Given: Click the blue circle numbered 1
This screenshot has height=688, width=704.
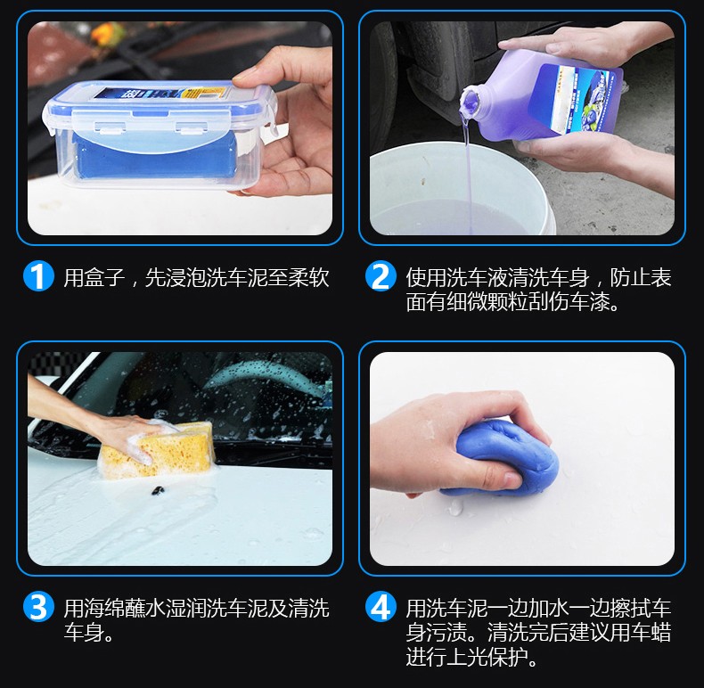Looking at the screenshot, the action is (38, 276).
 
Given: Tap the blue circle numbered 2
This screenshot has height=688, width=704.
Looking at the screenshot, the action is (381, 276).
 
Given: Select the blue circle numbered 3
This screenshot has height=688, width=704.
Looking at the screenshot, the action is (38, 607).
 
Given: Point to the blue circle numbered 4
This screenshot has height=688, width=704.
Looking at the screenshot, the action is (381, 607).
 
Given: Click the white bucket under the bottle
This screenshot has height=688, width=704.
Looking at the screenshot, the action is (463, 189).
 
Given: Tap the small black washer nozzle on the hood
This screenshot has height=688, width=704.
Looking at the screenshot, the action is (157, 490).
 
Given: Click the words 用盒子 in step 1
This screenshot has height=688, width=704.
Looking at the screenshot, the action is (94, 277).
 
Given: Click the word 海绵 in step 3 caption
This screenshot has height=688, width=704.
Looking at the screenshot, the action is (104, 608).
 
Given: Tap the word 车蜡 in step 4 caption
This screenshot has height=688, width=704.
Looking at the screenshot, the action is (651, 633).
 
